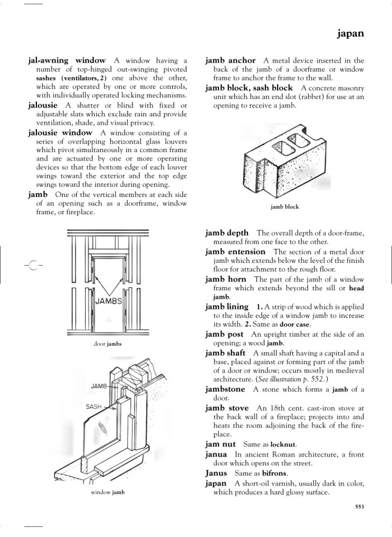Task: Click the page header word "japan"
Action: (351, 34)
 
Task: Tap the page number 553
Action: (360, 507)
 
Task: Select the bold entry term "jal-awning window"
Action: (67, 60)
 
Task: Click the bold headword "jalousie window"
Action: (60, 133)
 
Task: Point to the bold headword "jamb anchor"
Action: (230, 60)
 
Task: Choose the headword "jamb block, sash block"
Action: (249, 88)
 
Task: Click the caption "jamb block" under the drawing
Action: (284, 207)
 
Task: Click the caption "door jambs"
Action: (108, 343)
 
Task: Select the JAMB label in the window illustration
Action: (99, 386)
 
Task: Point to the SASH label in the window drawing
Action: (94, 407)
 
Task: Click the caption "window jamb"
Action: (108, 492)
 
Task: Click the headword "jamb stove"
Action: (227, 408)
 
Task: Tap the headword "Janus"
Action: (216, 473)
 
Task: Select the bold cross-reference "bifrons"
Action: (274, 473)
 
